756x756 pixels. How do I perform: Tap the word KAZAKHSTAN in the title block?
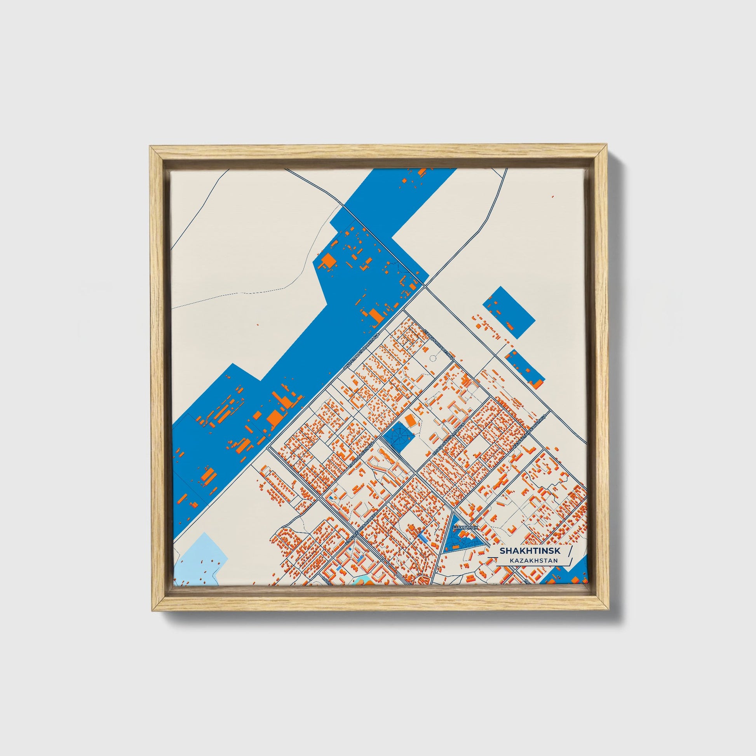coord(533,561)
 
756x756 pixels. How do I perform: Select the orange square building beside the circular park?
coord(411,421)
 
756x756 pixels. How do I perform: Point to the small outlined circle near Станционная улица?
coord(432,358)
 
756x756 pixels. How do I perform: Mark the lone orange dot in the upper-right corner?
coord(552,196)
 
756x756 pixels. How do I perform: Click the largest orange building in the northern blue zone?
coord(329,260)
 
